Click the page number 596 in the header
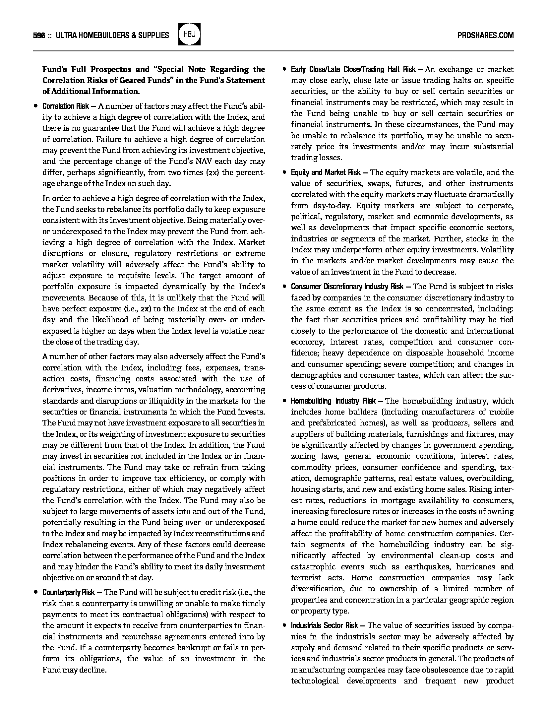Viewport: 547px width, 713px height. pos(39,35)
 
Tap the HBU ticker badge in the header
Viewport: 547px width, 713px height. pos(189,34)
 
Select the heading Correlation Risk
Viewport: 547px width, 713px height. pos(66,106)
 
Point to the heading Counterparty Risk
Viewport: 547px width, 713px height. pos(68,592)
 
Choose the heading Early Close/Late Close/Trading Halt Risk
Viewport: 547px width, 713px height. pos(353,70)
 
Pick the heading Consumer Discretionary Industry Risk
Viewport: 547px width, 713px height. pos(347,287)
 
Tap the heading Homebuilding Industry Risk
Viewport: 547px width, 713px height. pos(333,401)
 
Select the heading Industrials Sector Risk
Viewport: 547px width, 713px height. pos(324,625)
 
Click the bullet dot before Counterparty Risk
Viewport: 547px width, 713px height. pos(35,592)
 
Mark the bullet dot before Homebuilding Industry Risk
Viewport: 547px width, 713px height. pos(284,401)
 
